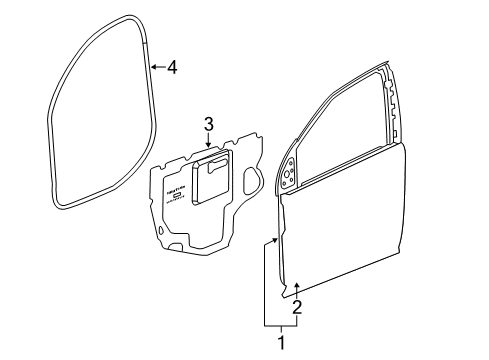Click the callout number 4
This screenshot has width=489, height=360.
click(172, 68)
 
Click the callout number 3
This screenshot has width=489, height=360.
click(208, 124)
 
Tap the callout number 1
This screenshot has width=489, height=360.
click(281, 344)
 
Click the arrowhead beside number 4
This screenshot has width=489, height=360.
click(152, 68)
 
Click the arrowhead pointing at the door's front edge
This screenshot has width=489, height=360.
click(277, 240)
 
